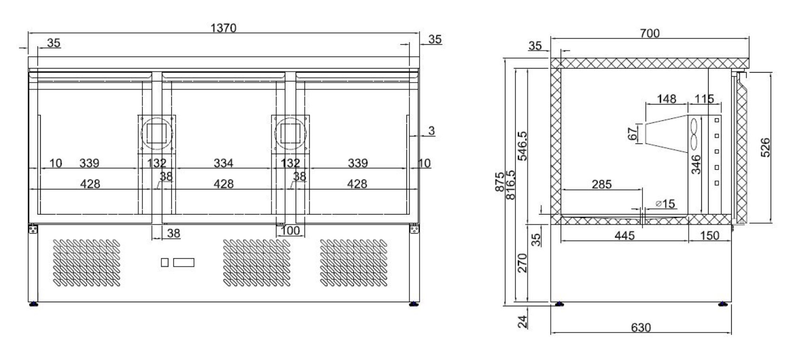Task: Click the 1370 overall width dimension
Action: (223, 28)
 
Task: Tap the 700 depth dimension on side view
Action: (650, 33)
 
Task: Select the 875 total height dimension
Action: (500, 182)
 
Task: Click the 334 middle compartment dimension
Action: (223, 163)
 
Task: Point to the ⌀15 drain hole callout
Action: (665, 204)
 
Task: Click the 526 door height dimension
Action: (766, 148)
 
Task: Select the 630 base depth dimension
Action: (641, 327)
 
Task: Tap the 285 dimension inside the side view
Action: (601, 184)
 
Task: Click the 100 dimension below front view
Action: (290, 230)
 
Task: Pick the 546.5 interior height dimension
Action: (522, 146)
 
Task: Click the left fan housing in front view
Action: (157, 134)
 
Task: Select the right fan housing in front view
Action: (290, 134)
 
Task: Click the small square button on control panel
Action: (165, 262)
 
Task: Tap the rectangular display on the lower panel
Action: (184, 262)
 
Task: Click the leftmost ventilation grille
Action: (86, 263)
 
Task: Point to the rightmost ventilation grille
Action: (353, 263)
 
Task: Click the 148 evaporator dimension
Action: (666, 98)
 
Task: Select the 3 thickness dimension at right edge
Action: (431, 130)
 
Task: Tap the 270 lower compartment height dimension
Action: (522, 263)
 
